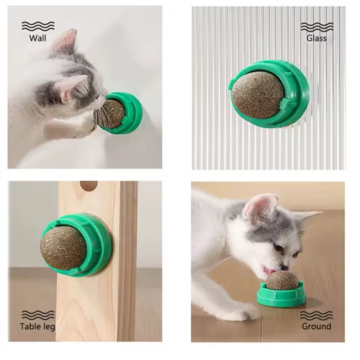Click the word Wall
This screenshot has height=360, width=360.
click(x=37, y=37)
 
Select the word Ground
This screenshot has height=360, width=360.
click(x=316, y=327)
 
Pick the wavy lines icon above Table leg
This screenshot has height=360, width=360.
click(x=36, y=315)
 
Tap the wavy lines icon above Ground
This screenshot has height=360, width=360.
click(x=316, y=315)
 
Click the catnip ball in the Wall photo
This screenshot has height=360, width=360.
click(x=110, y=113)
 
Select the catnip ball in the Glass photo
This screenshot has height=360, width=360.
click(x=257, y=94)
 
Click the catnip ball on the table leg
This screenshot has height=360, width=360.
click(x=63, y=245)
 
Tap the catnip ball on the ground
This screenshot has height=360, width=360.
click(x=282, y=280)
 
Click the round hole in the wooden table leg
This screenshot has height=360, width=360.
click(x=88, y=186)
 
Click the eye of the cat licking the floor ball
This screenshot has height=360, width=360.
click(x=278, y=247)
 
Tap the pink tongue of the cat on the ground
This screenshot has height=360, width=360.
click(x=268, y=270)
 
